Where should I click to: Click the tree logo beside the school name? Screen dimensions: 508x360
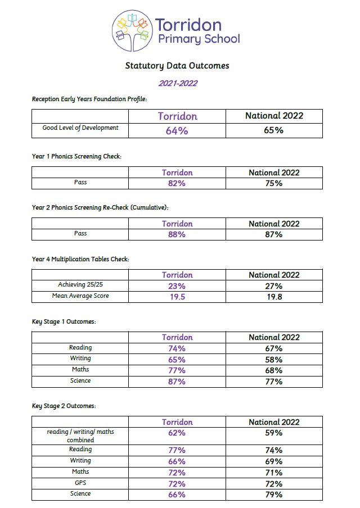click(x=133, y=31)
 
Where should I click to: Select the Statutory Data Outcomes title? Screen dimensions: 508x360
click(x=177, y=66)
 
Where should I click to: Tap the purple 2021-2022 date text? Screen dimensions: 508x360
click(x=177, y=84)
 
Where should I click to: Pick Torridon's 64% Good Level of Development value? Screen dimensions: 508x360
click(x=177, y=130)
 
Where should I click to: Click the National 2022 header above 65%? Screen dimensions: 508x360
click(x=274, y=116)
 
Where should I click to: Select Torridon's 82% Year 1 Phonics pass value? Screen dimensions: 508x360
click(x=177, y=183)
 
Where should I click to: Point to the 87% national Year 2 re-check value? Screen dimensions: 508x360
click(x=274, y=234)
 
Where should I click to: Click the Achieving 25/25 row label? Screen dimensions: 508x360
click(x=80, y=285)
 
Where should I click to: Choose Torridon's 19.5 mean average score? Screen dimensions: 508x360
click(x=177, y=297)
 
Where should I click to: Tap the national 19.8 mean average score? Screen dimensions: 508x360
click(x=274, y=297)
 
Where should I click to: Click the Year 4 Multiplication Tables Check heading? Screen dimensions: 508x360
click(x=80, y=259)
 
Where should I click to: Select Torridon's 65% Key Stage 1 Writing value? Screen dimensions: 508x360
click(x=177, y=359)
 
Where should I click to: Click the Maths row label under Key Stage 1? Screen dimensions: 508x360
click(x=80, y=370)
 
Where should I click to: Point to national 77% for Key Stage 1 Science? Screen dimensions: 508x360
click(x=274, y=382)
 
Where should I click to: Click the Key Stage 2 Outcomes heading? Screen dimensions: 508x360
click(x=64, y=406)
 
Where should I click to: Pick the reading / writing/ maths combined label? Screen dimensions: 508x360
click(x=80, y=436)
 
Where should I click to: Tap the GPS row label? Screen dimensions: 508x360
click(x=80, y=483)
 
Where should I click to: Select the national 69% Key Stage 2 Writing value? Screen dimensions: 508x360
click(x=274, y=461)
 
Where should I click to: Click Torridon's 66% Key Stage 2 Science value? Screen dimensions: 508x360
click(x=177, y=495)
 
